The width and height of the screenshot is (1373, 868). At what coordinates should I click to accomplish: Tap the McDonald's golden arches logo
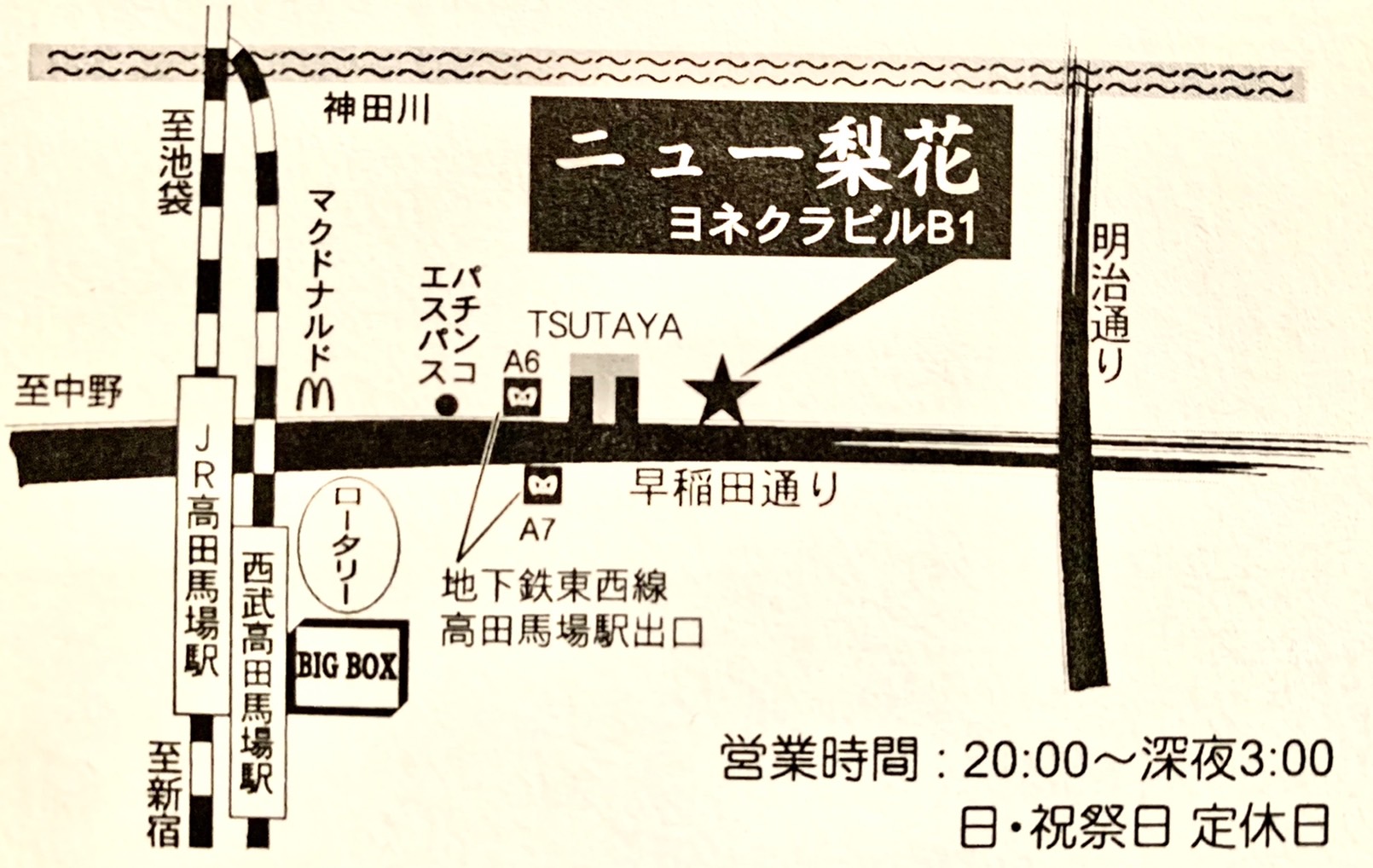[x=315, y=394]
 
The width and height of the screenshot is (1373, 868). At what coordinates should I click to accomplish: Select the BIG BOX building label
[x=347, y=667]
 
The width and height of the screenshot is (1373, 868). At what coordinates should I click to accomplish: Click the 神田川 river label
[x=376, y=109]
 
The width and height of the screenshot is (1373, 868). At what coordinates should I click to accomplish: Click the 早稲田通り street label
[x=734, y=489]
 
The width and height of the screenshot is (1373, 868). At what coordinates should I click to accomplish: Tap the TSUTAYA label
[x=605, y=326]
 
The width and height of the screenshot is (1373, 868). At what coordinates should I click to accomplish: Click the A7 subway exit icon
[x=542, y=485]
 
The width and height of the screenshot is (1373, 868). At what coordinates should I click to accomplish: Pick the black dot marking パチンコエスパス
[x=445, y=405]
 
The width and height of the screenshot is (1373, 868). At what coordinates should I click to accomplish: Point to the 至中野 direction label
[x=68, y=393]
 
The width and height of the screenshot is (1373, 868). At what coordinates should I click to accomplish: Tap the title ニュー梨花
[x=770, y=159]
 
